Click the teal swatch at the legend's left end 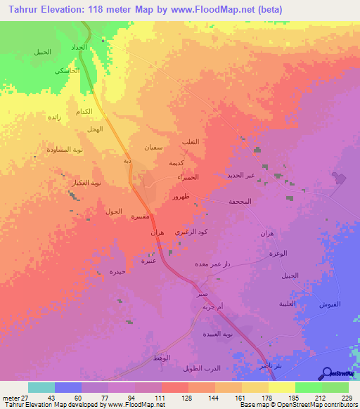tap(41, 387)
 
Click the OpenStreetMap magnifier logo tap(326, 373)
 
